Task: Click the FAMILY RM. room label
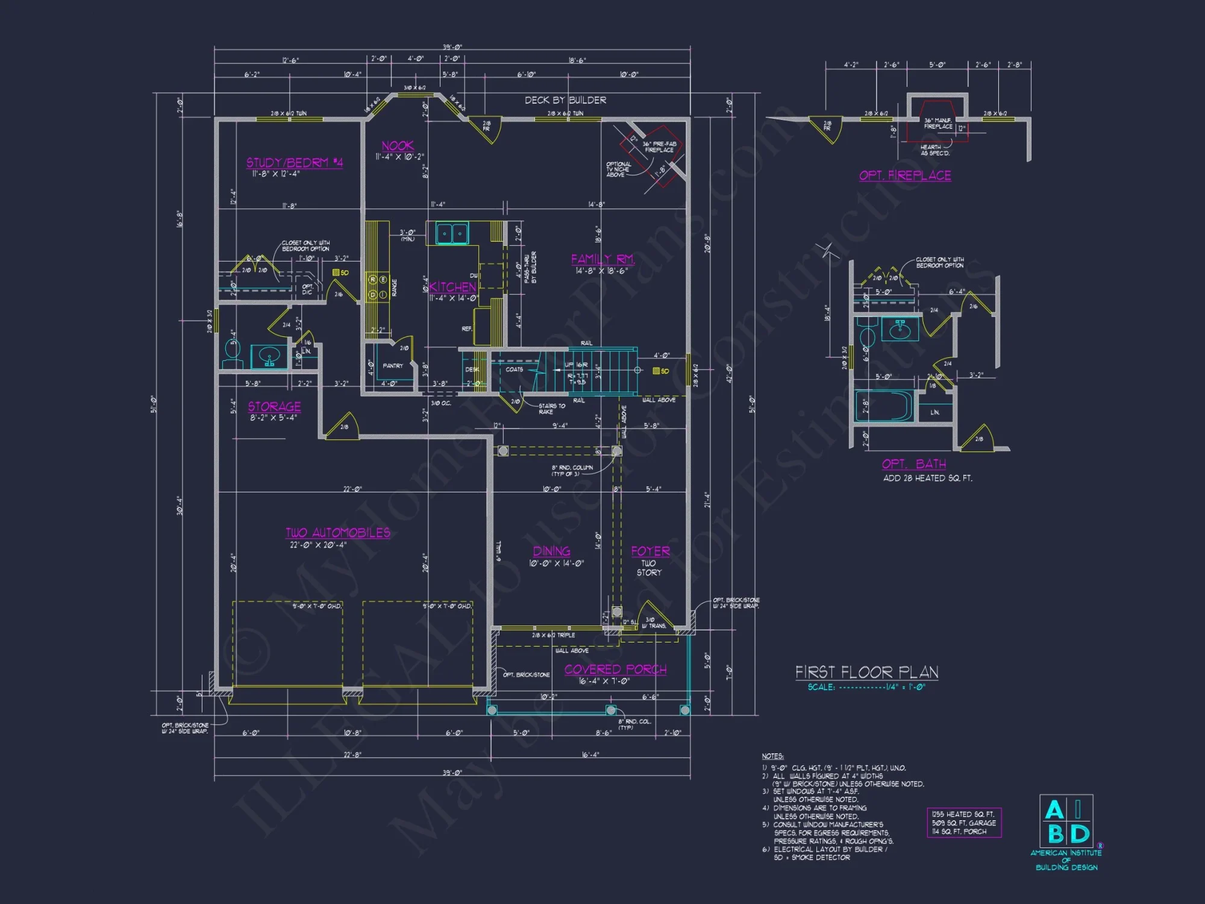[602, 259]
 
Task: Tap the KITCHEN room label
[452, 287]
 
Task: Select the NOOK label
[398, 146]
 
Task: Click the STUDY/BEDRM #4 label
[295, 163]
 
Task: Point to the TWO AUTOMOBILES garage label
[338, 533]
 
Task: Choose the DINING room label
[551, 551]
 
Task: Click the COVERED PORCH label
[615, 670]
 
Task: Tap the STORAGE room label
[274, 407]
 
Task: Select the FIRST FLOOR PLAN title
[866, 672]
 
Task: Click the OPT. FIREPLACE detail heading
[905, 175]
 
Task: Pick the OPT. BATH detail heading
[913, 464]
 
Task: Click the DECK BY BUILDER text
[565, 100]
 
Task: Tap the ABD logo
[1066, 822]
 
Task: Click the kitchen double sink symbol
[452, 233]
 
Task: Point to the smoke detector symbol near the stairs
[657, 371]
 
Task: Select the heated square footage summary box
[963, 823]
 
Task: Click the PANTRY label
[393, 366]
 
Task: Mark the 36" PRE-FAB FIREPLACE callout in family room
[659, 147]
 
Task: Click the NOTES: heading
[772, 756]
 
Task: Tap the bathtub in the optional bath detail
[884, 406]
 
